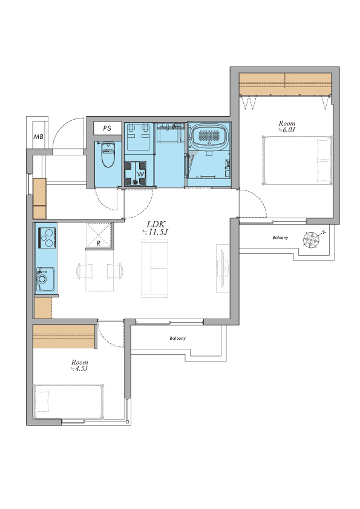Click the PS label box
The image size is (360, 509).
click(x=107, y=128)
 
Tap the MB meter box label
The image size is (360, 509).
click(x=38, y=137)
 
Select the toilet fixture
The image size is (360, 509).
click(x=108, y=155)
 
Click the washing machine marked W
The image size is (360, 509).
click(x=135, y=173)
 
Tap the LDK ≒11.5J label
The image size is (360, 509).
click(x=156, y=228)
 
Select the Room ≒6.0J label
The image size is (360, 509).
click(x=287, y=126)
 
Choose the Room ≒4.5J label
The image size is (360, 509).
click(x=80, y=365)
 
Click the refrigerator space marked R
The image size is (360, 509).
click(x=99, y=235)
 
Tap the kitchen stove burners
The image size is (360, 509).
click(x=47, y=238)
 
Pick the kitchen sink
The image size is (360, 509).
click(x=45, y=279)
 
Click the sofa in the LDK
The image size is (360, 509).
click(x=155, y=268)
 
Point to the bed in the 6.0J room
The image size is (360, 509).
click(x=297, y=161)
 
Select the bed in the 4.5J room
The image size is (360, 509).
click(x=68, y=401)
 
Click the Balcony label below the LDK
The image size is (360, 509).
click(x=177, y=339)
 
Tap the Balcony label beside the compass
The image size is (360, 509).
click(x=280, y=238)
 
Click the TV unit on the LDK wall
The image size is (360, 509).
click(x=223, y=268)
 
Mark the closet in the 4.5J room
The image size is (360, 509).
click(x=64, y=336)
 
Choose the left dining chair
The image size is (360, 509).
click(x=85, y=271)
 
